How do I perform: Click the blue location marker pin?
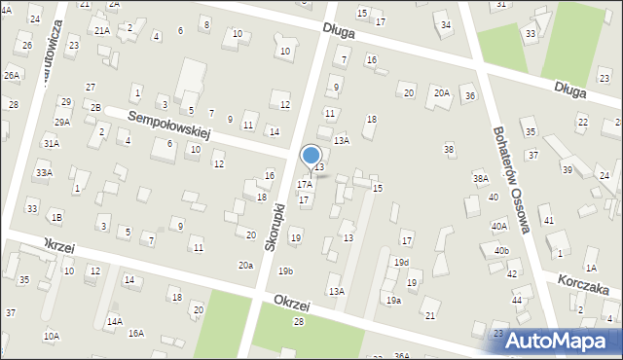[311, 156]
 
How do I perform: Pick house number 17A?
[305, 184]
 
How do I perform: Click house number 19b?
[285, 270]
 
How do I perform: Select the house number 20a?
[245, 265]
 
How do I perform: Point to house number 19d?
[401, 263]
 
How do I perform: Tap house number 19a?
[392, 301]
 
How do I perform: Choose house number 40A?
[498, 226]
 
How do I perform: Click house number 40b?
[500, 251]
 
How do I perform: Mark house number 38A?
[480, 179]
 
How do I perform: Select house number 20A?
[441, 92]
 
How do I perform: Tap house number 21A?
[101, 30]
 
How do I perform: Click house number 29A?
[62, 123]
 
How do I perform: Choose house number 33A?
[43, 172]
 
